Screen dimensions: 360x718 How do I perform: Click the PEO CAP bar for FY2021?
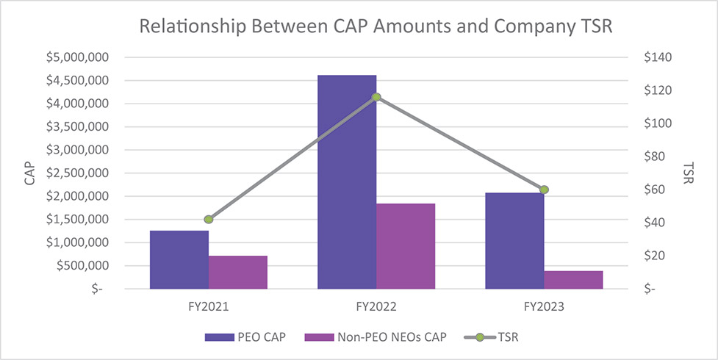tap(179, 260)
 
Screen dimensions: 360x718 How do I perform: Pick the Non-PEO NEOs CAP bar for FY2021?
tap(238, 273)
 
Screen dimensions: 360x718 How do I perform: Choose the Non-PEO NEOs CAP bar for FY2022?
tap(406, 246)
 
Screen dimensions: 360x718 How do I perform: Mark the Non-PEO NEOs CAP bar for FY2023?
tap(573, 280)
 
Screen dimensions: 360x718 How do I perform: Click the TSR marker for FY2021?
tap(209, 219)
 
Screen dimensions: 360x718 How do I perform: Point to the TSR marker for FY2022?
tap(376, 97)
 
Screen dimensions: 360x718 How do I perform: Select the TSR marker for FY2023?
tap(544, 190)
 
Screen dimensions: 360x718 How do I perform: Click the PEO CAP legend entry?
tap(244, 337)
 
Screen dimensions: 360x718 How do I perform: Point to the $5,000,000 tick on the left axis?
tap(76, 57)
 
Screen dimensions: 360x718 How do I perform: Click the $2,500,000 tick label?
tap(76, 173)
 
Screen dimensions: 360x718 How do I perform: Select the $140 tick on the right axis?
tap(656, 57)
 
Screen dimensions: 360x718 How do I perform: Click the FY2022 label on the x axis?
tap(376, 306)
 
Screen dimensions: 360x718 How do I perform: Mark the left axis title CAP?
tap(29, 173)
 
